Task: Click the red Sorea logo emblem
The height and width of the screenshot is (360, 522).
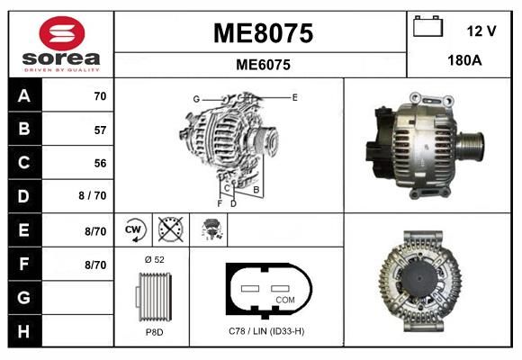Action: pyautogui.click(x=62, y=33)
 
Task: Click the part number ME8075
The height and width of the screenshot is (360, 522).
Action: pyautogui.click(x=263, y=33)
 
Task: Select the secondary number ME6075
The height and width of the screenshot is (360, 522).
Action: pyautogui.click(x=263, y=65)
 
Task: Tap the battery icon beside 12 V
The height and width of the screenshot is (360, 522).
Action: pyautogui.click(x=427, y=26)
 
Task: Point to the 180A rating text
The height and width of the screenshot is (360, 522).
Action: pyautogui.click(x=464, y=60)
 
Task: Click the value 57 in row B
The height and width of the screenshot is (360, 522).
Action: pyautogui.click(x=100, y=130)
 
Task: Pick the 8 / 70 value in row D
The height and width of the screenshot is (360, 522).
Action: pyautogui.click(x=93, y=195)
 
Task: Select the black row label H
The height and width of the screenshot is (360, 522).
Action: pyautogui.click(x=24, y=331)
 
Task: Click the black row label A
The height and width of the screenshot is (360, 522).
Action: pyautogui.click(x=24, y=96)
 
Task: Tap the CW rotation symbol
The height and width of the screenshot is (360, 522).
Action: pyautogui.click(x=134, y=229)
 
